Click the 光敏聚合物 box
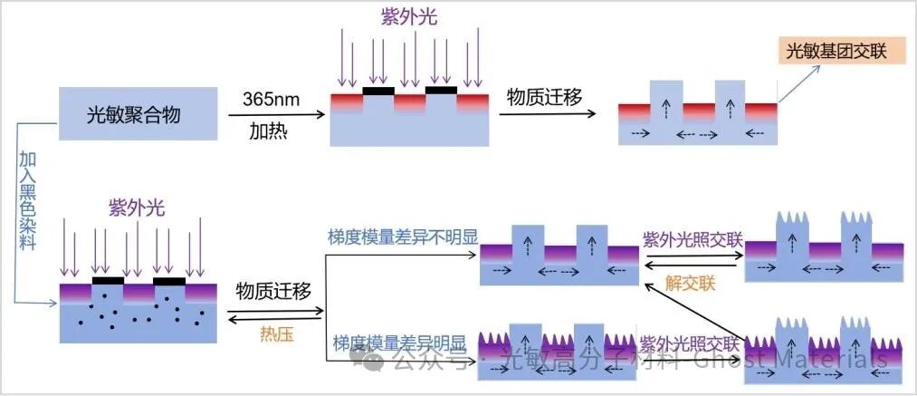click(x=138, y=114)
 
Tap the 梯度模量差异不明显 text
click(x=403, y=238)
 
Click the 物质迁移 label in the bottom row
click(x=273, y=291)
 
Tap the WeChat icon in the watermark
click(x=374, y=361)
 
